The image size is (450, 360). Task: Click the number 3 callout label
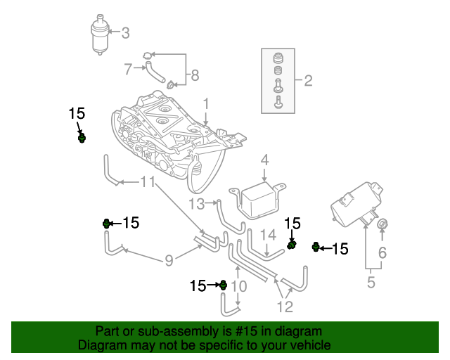[x=126, y=32]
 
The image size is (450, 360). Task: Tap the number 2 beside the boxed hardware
[x=307, y=80]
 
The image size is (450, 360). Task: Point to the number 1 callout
[x=207, y=104]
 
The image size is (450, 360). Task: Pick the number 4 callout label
[x=264, y=160]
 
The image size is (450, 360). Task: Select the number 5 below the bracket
[x=371, y=283]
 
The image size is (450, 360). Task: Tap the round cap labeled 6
[x=383, y=224]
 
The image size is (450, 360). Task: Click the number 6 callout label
[x=383, y=252]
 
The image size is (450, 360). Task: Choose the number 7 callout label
[x=128, y=69]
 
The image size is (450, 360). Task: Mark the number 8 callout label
[x=195, y=75]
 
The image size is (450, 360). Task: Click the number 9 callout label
[x=169, y=262]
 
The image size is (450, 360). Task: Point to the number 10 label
[x=239, y=286]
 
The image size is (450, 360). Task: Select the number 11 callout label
[x=147, y=183]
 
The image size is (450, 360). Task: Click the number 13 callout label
[x=196, y=204]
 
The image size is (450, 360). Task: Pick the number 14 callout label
[x=269, y=235]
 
